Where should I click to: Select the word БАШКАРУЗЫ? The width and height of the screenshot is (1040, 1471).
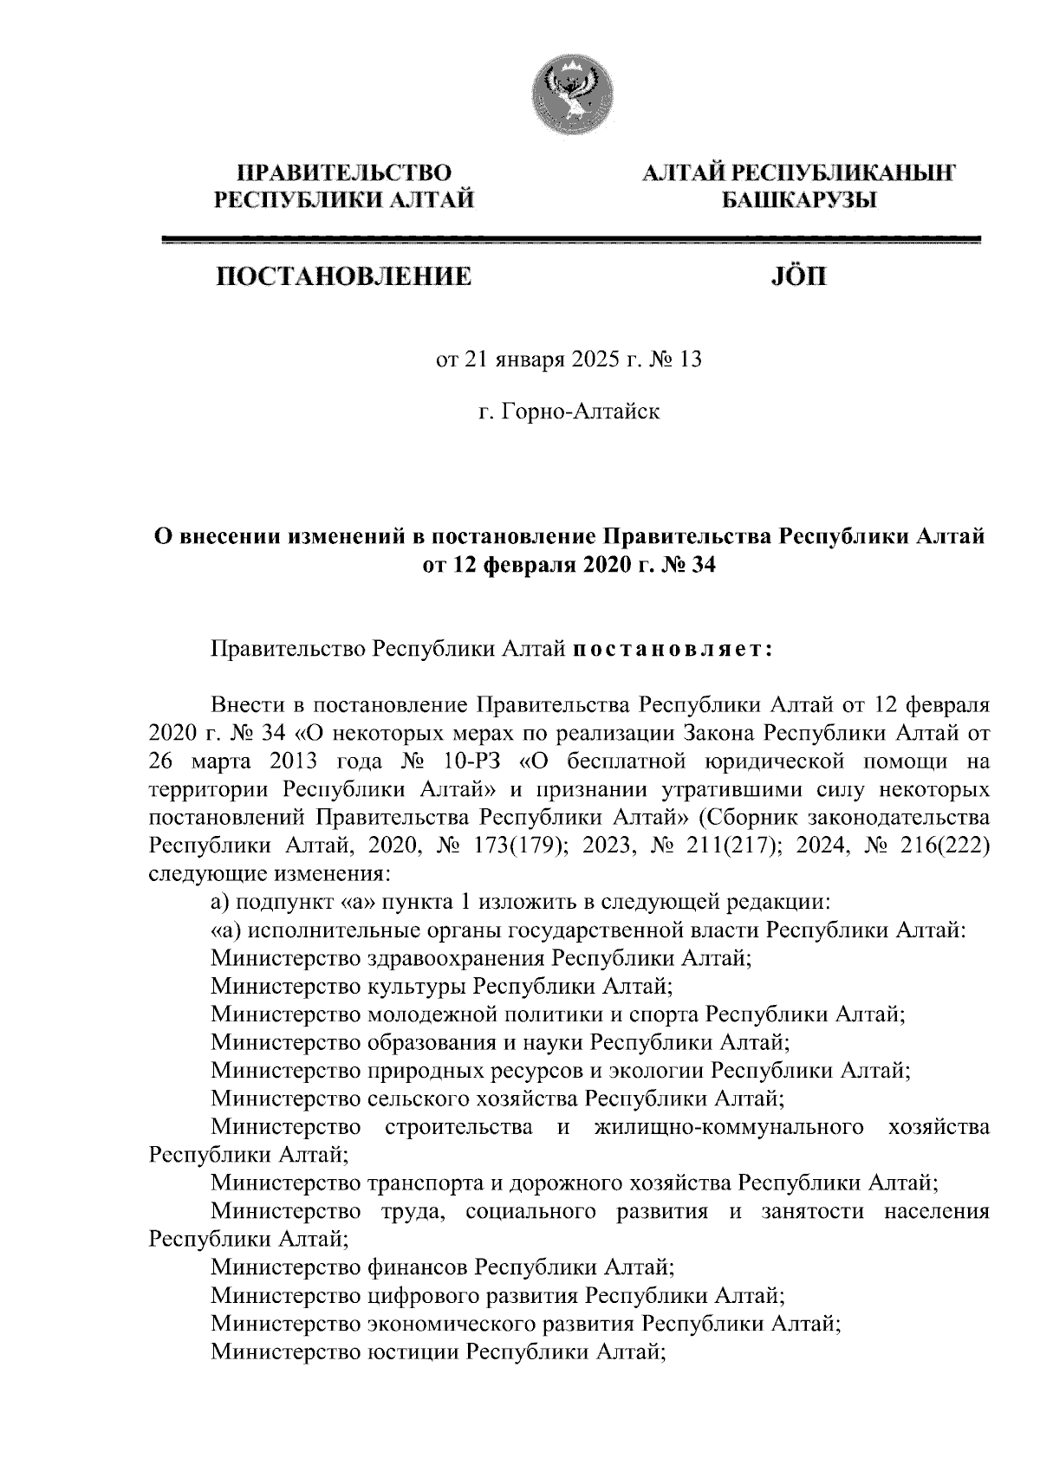pos(799,201)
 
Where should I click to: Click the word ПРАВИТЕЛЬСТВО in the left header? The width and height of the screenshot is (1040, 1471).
pos(345,172)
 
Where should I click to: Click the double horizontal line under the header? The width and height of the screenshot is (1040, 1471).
pos(571,240)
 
